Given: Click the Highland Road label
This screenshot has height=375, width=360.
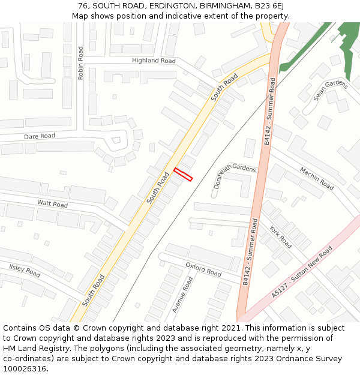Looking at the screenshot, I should [154, 61].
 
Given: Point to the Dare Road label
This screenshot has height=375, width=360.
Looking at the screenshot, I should [40, 136].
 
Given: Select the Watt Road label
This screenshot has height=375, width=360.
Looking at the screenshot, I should [52, 204].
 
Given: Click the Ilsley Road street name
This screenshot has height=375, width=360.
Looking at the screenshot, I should [24, 270].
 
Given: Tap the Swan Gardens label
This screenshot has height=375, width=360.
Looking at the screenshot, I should [330, 91].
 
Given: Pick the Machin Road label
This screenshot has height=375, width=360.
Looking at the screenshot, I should [316, 178].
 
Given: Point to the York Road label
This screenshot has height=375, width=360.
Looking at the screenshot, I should [280, 237].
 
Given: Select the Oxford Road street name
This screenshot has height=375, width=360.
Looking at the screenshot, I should [203, 269].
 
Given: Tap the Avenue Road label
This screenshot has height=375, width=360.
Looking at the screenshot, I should [182, 295].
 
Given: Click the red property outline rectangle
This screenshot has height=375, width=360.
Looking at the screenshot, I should [183, 174].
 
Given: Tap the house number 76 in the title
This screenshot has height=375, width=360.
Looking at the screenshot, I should [83, 6].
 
